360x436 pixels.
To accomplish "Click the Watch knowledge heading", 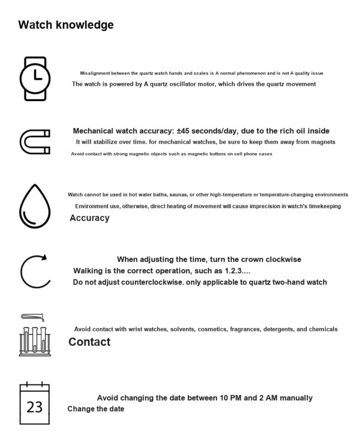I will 66,25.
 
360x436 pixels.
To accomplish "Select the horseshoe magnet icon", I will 35,142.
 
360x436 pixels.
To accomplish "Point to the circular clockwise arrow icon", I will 35,271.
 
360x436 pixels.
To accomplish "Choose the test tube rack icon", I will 35,339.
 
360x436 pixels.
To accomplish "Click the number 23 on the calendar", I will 35,407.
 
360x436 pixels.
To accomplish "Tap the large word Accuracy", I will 89,218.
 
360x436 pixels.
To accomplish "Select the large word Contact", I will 89,342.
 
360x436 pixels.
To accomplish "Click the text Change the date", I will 96,409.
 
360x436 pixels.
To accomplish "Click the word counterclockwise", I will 152,282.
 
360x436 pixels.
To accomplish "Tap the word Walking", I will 87,271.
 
